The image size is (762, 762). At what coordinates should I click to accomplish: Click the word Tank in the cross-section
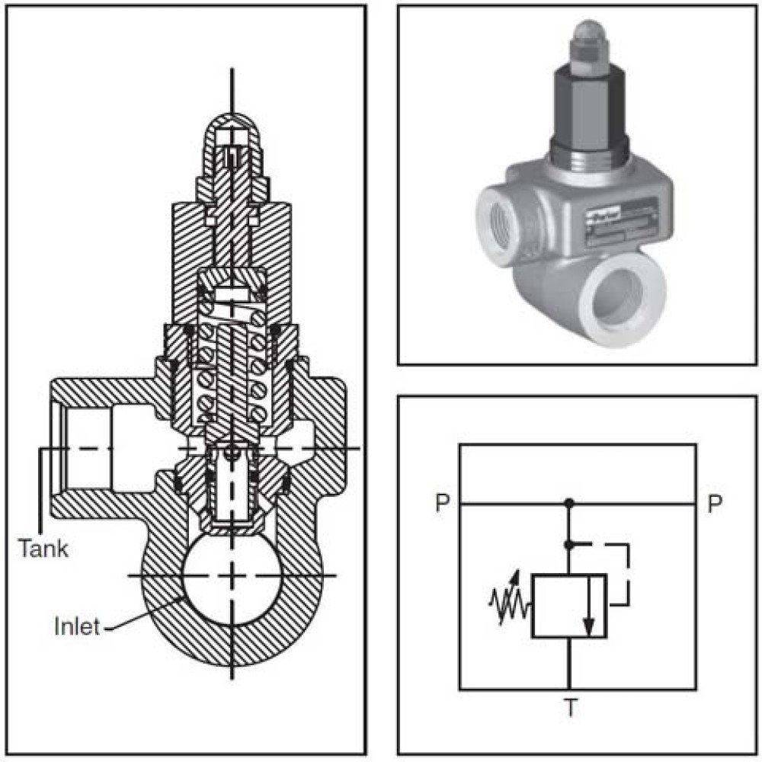[43, 548]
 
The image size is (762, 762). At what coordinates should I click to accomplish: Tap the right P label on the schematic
[714, 504]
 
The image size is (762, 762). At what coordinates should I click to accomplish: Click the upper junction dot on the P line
[568, 504]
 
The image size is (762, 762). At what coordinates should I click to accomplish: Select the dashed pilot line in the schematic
[626, 571]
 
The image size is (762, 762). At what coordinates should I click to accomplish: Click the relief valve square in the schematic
[568, 606]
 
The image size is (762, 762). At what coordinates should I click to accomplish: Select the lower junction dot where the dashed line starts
[568, 544]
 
